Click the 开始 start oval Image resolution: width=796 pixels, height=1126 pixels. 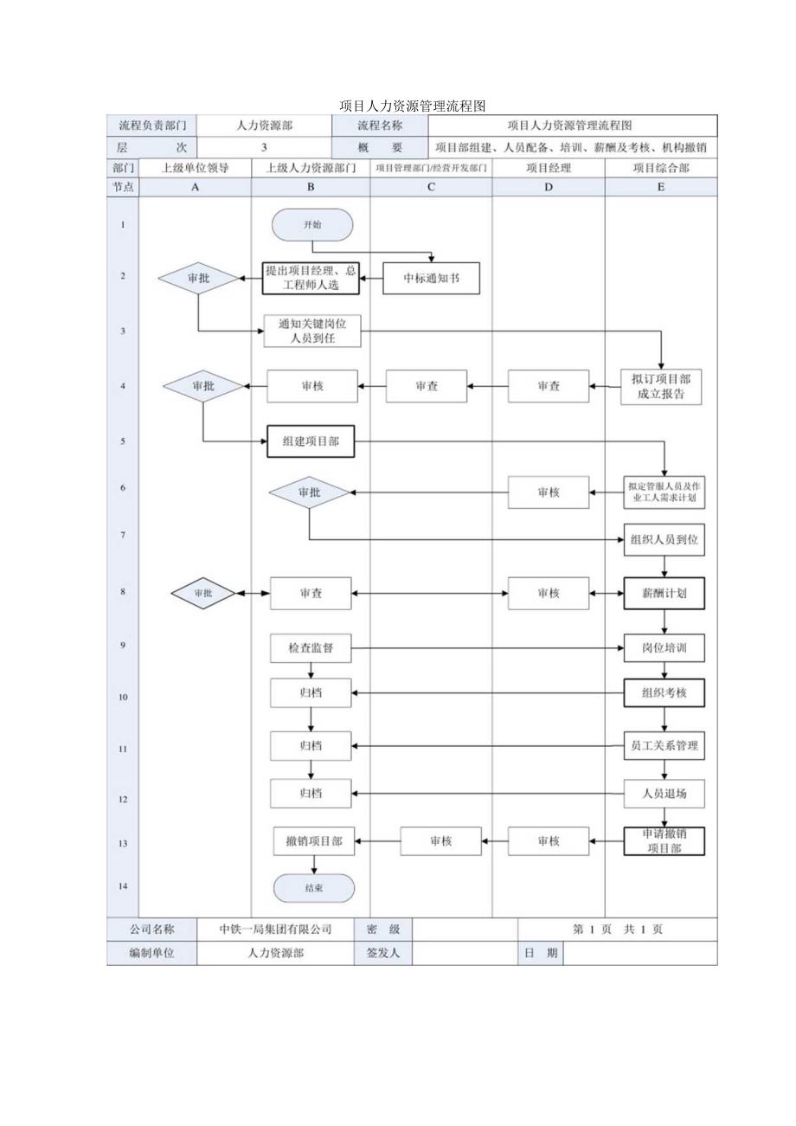[312, 224]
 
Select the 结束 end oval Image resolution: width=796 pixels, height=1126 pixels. [314, 888]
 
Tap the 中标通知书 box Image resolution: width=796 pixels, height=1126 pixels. [431, 279]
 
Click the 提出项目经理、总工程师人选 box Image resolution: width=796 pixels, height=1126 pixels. [311, 279]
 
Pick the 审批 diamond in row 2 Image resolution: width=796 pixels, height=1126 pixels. [198, 279]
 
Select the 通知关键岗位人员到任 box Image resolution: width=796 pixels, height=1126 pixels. [312, 331]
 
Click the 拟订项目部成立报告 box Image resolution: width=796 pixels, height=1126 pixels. [662, 386]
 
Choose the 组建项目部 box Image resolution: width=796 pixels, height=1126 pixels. [311, 441]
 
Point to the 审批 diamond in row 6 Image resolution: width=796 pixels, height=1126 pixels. [309, 492]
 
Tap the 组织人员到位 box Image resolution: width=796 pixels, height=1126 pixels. [664, 539]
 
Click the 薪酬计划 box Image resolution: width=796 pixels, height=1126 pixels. [664, 593]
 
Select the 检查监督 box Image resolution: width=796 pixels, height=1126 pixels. [311, 647]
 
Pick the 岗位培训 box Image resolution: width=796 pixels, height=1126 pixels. [664, 647]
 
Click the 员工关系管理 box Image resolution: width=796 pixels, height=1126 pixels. [664, 745]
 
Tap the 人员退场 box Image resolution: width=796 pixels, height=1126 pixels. [664, 793]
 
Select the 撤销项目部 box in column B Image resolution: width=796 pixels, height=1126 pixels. [314, 840]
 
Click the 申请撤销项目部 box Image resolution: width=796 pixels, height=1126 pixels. [664, 840]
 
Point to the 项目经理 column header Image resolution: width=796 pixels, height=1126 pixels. [549, 168]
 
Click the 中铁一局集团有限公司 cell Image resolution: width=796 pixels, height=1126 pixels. [276, 930]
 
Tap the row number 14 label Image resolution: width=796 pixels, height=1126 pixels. [122, 886]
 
